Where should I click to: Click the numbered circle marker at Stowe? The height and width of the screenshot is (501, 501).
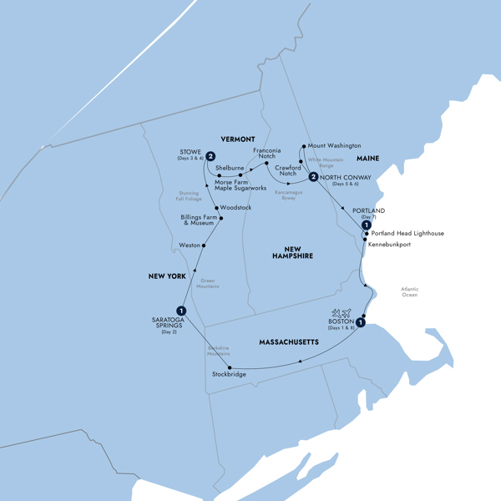click(x=211, y=156)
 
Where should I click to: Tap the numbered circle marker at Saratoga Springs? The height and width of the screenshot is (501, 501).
click(x=181, y=311)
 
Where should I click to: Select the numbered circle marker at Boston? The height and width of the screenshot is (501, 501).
click(x=361, y=322)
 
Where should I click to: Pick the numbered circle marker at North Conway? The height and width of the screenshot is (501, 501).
click(x=312, y=177)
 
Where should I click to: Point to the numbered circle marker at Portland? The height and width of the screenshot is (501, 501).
click(x=366, y=225)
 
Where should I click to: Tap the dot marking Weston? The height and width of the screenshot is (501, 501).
click(x=204, y=245)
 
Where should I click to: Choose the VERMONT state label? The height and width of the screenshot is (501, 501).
click(x=237, y=138)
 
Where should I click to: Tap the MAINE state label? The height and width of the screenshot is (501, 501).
click(x=367, y=158)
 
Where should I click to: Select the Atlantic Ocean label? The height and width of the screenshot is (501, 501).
click(x=409, y=292)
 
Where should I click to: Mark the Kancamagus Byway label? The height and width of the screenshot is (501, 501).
click(x=287, y=194)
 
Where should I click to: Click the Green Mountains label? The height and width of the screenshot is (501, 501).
click(x=207, y=283)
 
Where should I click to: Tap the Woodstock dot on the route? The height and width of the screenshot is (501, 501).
click(x=216, y=207)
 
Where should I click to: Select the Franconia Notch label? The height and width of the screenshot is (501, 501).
click(x=266, y=152)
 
